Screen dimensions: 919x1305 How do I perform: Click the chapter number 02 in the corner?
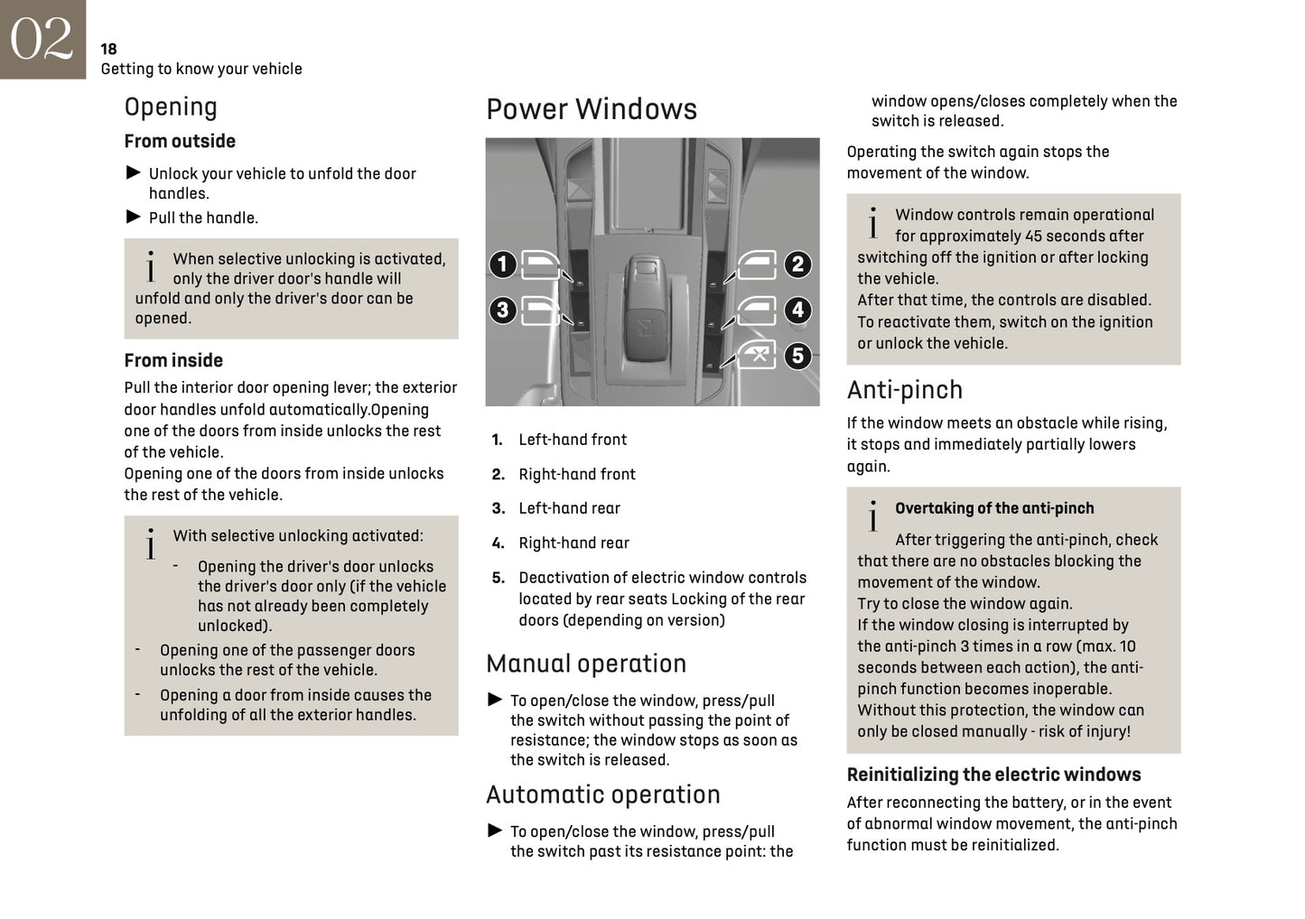coord(42,39)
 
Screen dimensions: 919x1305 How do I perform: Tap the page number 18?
coord(108,49)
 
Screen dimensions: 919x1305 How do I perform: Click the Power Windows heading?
coord(591,109)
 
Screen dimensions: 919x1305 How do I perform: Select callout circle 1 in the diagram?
coord(502,265)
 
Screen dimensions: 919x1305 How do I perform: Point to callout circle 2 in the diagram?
coord(797,265)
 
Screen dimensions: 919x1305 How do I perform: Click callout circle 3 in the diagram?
coord(502,311)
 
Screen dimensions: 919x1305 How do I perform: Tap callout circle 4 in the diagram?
coord(797,311)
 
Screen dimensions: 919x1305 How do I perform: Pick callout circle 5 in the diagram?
coord(797,356)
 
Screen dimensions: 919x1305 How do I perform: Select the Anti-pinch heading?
coord(904,390)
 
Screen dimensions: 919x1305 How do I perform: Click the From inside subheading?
coord(173,360)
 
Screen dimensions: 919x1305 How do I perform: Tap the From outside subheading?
coord(180,141)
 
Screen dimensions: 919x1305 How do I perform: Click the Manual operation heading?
coord(585,664)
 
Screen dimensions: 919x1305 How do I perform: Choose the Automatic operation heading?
coord(602,794)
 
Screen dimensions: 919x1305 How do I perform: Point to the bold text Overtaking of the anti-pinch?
coord(993,508)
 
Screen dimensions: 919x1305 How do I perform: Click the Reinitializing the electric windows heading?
coord(993,775)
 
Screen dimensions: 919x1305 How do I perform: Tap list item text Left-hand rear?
coord(569,508)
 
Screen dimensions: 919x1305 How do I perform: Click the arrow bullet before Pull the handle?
coord(133,217)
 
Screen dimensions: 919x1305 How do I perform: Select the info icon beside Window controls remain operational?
coord(872,223)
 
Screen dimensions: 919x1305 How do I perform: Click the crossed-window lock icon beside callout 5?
coord(759,354)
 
